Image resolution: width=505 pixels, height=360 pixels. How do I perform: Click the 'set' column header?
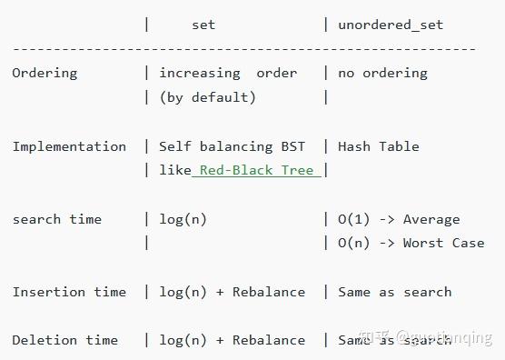(x=203, y=25)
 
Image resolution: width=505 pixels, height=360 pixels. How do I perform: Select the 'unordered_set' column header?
(x=391, y=25)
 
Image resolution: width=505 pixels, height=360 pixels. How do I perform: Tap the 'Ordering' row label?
(x=45, y=73)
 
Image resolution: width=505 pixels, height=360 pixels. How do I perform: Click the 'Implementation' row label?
(x=69, y=146)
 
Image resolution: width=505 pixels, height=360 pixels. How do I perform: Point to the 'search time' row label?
(x=56, y=219)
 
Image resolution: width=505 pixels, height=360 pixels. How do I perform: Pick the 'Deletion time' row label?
(x=64, y=340)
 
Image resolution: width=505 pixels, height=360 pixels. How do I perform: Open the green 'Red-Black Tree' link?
(x=256, y=170)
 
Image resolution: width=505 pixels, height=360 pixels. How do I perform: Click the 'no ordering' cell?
(x=382, y=73)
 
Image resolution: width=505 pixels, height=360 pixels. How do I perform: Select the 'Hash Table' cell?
(x=379, y=146)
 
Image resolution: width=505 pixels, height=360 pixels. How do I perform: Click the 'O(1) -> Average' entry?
(x=399, y=219)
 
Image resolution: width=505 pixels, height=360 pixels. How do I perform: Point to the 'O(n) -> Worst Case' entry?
(x=411, y=243)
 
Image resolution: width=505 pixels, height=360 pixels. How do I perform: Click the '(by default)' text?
(x=207, y=97)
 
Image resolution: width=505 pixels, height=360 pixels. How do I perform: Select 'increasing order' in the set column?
(x=228, y=73)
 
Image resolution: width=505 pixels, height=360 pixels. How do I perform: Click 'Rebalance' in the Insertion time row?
(x=269, y=292)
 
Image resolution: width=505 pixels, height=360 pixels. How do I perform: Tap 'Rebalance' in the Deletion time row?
(x=269, y=340)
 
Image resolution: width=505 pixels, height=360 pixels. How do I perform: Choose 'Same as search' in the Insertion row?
(x=394, y=292)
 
